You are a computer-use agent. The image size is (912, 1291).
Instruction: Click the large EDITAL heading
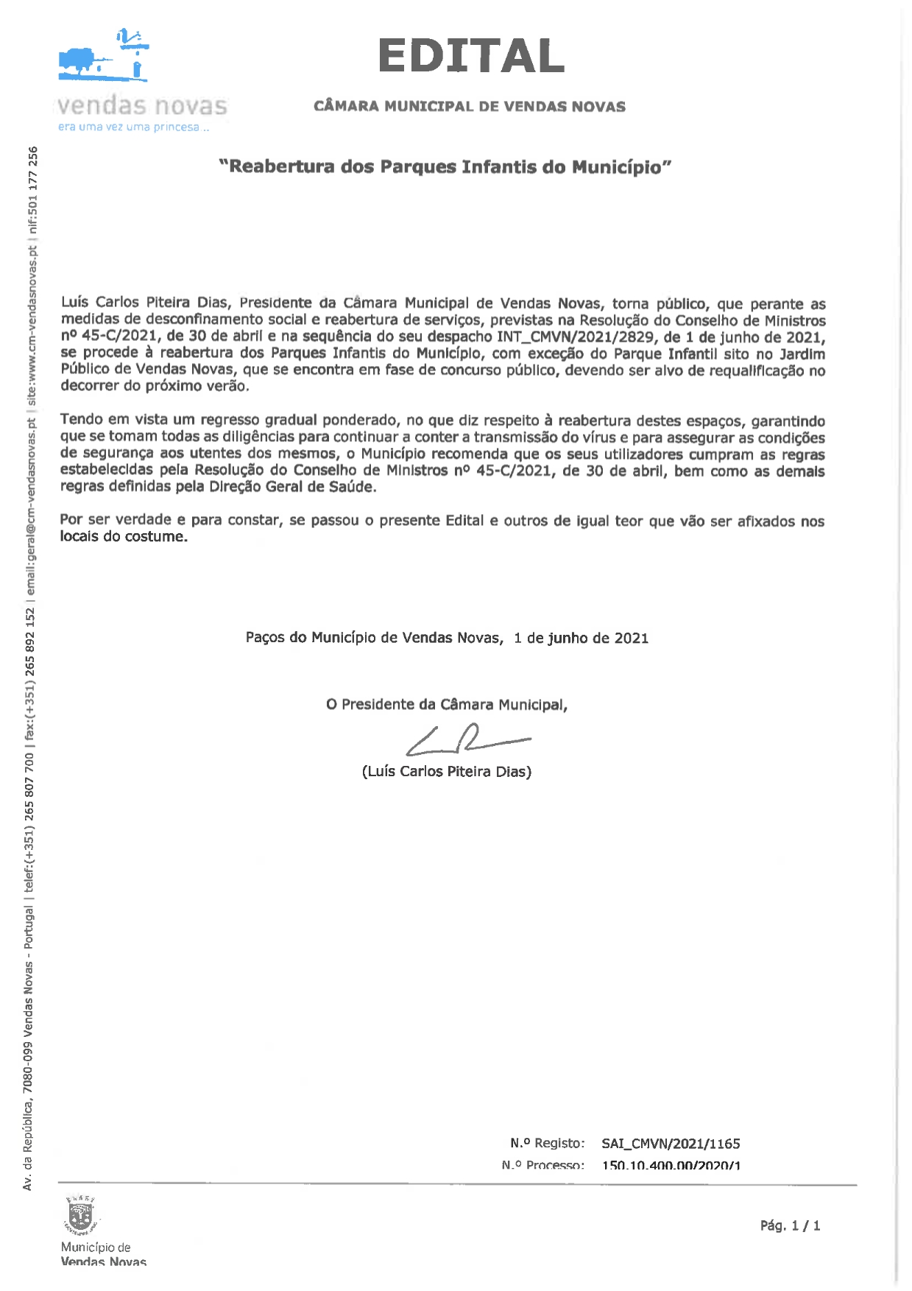pos(470,57)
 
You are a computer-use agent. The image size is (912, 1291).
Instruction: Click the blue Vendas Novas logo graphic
pos(104,56)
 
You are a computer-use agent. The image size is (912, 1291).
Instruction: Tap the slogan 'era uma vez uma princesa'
pos(133,127)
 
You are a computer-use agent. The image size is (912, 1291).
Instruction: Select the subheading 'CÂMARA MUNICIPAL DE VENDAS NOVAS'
pos(469,107)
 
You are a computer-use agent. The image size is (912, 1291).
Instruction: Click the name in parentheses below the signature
pos(446,772)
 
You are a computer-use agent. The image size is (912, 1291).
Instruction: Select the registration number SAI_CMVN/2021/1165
pos(670,1144)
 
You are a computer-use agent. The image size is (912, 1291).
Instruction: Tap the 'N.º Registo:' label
pos(547,1143)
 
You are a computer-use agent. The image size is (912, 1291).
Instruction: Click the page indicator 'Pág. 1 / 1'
pos(790,1225)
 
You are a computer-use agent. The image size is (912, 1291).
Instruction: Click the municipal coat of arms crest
pos(79,1215)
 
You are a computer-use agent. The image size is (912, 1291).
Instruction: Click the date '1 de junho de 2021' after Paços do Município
pos(581,638)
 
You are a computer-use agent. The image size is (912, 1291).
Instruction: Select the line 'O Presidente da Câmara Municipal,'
pos(446,705)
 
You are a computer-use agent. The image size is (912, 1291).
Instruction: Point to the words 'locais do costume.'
pos(124,537)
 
